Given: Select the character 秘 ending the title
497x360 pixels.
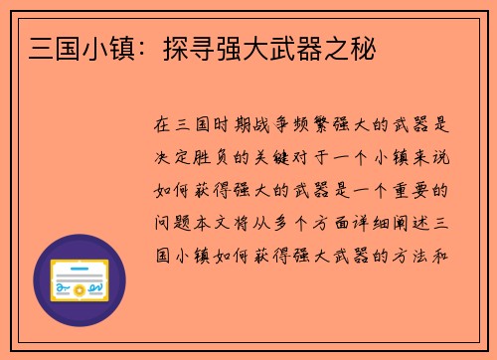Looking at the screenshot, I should (x=365, y=47).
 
